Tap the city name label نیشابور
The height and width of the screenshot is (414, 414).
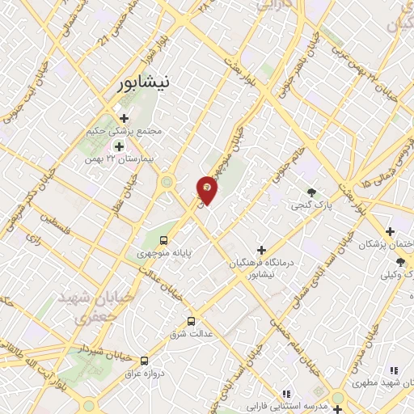[x=142, y=82]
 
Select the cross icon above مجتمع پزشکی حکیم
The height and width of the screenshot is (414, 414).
[x=124, y=118]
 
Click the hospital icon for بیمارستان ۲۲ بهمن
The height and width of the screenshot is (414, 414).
[x=119, y=146]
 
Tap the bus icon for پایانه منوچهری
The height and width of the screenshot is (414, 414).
[x=164, y=240]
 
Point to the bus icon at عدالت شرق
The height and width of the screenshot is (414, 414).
[x=192, y=320]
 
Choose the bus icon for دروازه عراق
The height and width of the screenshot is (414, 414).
[x=144, y=361]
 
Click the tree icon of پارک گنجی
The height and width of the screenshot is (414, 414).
[x=312, y=192]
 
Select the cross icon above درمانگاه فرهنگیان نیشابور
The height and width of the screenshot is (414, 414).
[x=260, y=249]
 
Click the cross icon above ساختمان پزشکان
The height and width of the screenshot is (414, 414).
[x=390, y=231]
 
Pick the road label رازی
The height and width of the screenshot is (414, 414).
[x=35, y=240]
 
